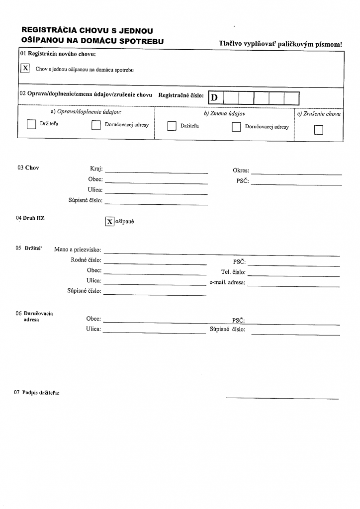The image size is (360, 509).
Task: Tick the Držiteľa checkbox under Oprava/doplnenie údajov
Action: click(31, 125)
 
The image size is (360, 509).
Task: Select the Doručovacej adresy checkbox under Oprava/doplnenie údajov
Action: click(96, 125)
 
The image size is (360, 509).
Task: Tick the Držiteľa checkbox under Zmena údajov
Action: click(172, 126)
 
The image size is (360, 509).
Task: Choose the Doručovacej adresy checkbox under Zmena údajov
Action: click(236, 127)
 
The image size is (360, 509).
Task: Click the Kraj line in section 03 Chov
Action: click(156, 171)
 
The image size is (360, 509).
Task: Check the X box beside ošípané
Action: click(110, 222)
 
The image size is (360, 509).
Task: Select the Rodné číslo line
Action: click(155, 262)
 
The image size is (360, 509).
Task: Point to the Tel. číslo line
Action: click(293, 274)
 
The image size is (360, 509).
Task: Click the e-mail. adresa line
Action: click(293, 285)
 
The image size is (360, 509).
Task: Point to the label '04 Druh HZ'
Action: click(30, 218)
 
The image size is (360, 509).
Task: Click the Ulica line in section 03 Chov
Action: click(156, 192)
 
